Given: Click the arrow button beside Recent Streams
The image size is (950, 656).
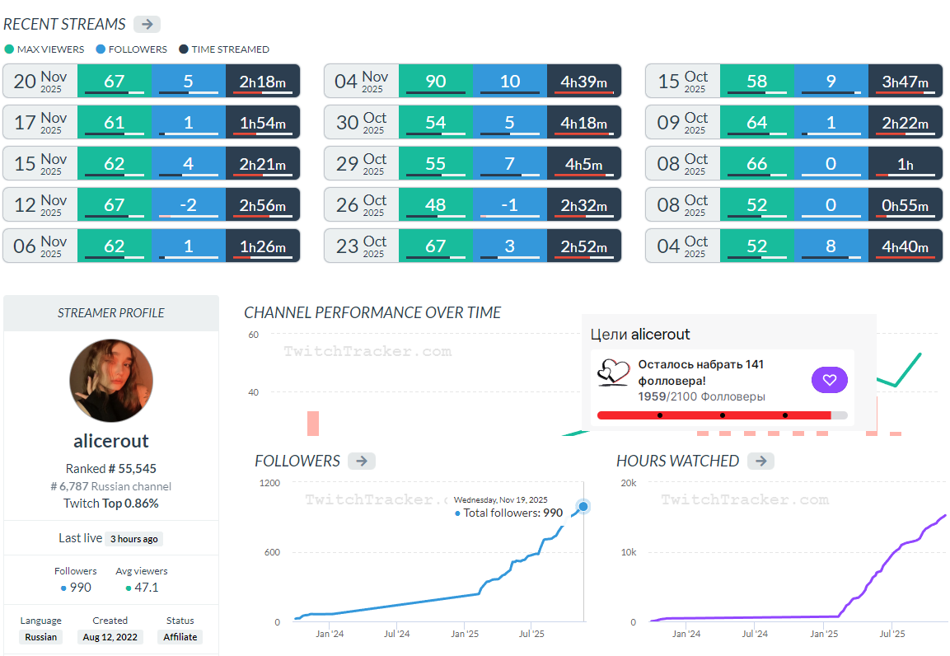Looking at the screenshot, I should (147, 24).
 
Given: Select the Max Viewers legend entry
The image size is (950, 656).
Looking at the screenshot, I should (44, 49).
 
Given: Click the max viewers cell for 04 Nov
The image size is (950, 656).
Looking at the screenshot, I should (435, 82).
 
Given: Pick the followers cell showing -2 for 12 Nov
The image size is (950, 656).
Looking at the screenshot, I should (188, 205).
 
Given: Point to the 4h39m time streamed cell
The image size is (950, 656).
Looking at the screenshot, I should (583, 82).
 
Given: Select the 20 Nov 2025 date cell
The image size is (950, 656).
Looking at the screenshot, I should (40, 82).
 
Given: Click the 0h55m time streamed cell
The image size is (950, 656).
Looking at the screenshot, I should (905, 205).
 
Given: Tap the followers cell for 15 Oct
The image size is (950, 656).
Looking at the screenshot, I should (831, 82).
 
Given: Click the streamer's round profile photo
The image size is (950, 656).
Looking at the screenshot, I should (111, 381).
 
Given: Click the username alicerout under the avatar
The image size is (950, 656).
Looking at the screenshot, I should (111, 440).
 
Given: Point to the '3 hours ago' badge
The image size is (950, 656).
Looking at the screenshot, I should (134, 539).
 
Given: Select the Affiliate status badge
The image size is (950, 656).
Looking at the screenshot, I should (180, 637).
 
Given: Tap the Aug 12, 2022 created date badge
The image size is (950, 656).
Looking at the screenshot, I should (110, 637).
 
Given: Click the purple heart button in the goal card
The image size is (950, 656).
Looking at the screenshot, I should (829, 380).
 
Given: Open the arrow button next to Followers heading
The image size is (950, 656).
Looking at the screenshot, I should (361, 461).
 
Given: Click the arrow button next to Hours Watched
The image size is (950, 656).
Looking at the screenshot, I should (760, 461).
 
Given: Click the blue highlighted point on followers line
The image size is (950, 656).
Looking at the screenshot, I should (583, 506).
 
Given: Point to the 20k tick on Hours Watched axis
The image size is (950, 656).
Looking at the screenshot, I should (628, 483).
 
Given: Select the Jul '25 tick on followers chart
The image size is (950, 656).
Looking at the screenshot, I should (531, 634).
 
